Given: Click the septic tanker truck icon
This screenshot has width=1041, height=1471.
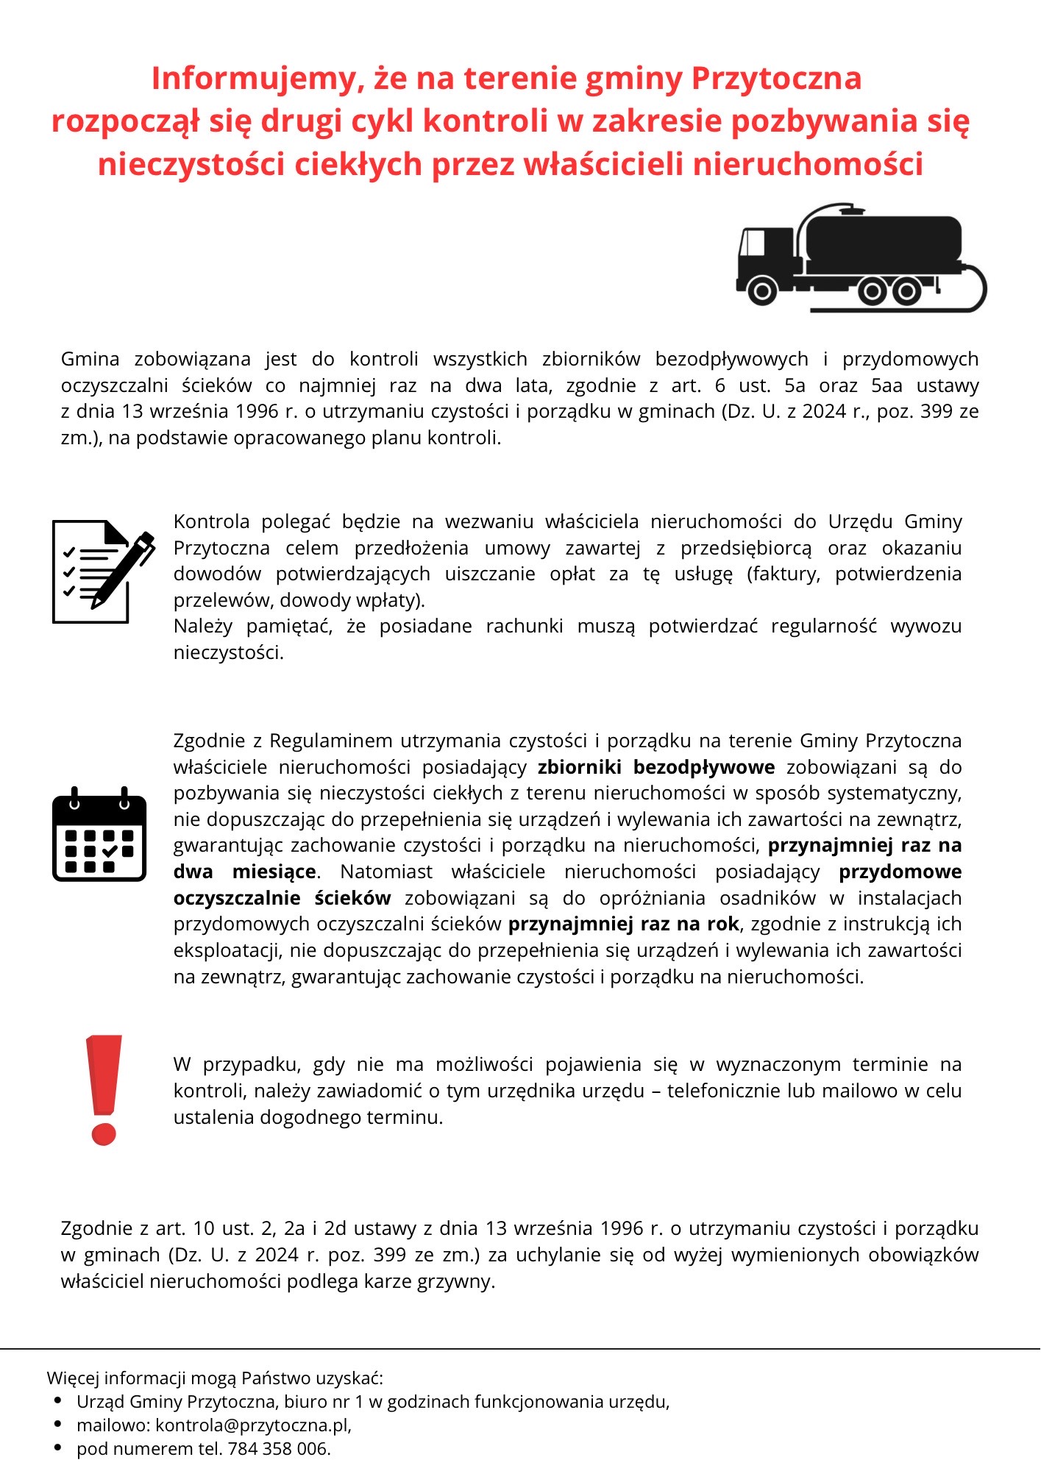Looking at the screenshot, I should (x=861, y=257).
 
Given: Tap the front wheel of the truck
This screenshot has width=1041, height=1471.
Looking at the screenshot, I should (x=762, y=291).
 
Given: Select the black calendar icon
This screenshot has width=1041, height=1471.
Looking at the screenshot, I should (x=99, y=835).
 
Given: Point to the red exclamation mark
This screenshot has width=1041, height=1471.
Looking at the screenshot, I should (x=104, y=1089).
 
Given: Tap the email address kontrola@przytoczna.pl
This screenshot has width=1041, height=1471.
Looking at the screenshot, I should (x=252, y=1425).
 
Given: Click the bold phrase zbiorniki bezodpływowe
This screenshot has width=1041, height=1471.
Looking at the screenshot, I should (x=656, y=767).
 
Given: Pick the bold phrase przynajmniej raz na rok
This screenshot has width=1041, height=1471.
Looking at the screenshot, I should (x=623, y=924).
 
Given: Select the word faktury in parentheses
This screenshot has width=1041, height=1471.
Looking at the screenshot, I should (x=786, y=574).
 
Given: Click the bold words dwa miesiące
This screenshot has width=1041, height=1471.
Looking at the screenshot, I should (x=245, y=872).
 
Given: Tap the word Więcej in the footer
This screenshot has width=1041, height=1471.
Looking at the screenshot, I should (x=74, y=1378).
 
